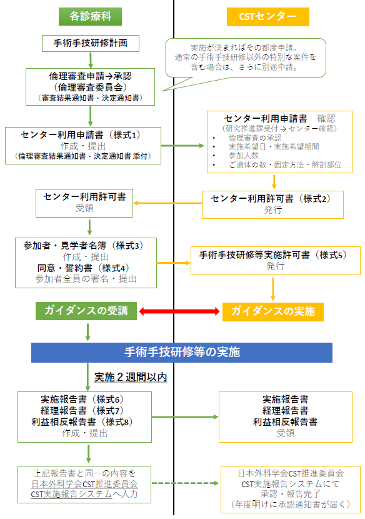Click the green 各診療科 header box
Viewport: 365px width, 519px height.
(89, 14)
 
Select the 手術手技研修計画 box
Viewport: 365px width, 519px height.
(91, 43)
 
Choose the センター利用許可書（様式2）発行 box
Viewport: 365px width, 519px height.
(274, 204)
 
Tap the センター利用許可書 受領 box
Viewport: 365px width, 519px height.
(84, 202)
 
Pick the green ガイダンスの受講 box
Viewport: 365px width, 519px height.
(85, 311)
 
